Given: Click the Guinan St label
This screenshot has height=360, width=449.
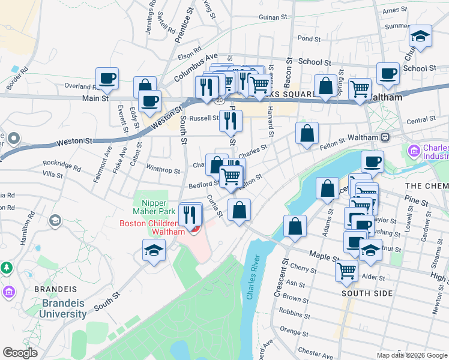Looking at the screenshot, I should [270, 17].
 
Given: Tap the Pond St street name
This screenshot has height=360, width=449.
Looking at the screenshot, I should [309, 38].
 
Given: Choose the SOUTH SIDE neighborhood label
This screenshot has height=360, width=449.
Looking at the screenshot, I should [367, 293].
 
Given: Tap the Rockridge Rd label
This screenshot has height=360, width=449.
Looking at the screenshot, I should [61, 164].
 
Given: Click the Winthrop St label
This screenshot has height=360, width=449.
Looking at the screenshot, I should [163, 170].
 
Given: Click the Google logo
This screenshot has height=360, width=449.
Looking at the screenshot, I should [20, 353].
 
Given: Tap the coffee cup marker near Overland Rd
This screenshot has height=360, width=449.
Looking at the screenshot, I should [107, 78].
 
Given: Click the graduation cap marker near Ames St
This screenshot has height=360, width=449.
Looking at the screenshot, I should [421, 36].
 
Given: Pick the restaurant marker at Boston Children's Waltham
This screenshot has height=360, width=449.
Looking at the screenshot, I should [190, 214].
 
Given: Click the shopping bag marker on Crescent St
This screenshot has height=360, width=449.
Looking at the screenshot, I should [295, 226].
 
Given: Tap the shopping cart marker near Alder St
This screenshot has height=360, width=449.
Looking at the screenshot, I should [346, 271].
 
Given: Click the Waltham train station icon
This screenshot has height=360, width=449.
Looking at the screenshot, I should [385, 137].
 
